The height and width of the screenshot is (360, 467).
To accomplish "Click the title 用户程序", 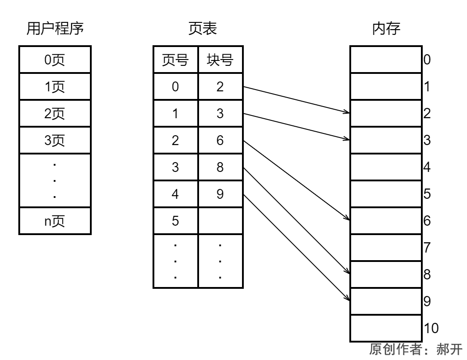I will pos(55,29).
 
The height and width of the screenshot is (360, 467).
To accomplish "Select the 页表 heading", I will pos(202,29).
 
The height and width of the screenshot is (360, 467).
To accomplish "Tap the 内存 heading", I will pos(386,29).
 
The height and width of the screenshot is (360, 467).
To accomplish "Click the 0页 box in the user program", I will pos(55,60).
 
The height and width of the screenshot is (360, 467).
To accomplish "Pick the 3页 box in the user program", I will pos(55,140).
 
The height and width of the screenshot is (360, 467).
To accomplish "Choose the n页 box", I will pos(55,221).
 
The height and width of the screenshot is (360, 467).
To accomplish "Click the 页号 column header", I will pos(175,60).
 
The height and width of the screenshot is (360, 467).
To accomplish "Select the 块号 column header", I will pos(220,60).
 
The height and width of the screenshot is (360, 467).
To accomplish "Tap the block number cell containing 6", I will pos(220,140).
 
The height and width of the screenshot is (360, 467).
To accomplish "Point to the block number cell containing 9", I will pos(220,194).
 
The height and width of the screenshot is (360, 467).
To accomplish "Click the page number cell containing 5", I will pos(175,221).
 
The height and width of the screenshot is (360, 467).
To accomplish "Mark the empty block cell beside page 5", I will pos(220,221).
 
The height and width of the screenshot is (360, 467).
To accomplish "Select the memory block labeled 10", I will pos(386,328).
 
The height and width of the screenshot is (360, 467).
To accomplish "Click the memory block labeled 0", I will pos(386,60).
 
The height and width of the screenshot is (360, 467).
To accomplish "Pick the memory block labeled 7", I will pos(386,248).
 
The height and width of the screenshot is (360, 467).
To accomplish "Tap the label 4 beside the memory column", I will pos(427,167).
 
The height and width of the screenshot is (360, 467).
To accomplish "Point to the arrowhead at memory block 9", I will pos(347,298).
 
